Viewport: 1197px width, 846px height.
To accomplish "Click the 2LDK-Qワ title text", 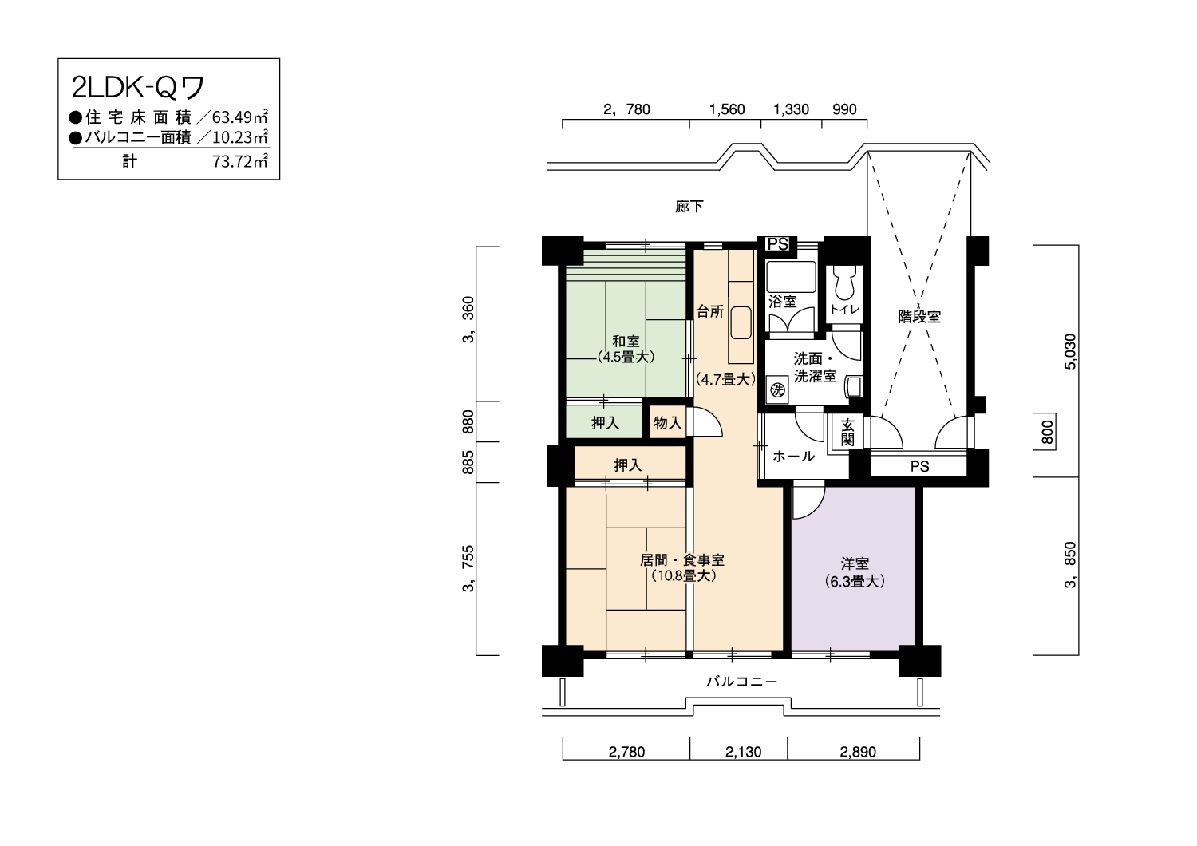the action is pyautogui.click(x=138, y=88).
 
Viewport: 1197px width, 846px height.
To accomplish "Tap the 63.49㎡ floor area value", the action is pyautogui.click(x=240, y=117).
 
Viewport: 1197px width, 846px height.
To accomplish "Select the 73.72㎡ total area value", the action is pyautogui.click(x=240, y=161).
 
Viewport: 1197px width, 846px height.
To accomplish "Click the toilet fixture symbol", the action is pyautogui.click(x=844, y=283).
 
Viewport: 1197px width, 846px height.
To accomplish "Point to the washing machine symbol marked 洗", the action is pyautogui.click(x=777, y=389).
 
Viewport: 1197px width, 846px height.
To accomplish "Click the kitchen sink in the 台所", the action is pyautogui.click(x=741, y=322).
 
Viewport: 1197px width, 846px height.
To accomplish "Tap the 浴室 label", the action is pyautogui.click(x=782, y=302).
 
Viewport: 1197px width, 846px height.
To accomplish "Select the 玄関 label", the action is pyautogui.click(x=847, y=433).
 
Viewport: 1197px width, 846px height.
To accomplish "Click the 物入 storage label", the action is pyautogui.click(x=667, y=423).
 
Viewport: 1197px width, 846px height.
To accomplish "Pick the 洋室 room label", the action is pyautogui.click(x=855, y=563).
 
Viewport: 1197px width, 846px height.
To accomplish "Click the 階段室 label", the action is pyautogui.click(x=919, y=317).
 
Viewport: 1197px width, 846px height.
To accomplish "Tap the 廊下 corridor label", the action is pyautogui.click(x=689, y=206).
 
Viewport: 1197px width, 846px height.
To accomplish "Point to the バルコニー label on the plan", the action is pyautogui.click(x=741, y=682).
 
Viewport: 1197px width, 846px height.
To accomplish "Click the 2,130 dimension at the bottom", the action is pyautogui.click(x=743, y=753).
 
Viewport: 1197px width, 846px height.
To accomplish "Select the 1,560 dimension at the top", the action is pyautogui.click(x=727, y=109).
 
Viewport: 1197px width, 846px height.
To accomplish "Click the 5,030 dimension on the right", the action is pyautogui.click(x=1070, y=352).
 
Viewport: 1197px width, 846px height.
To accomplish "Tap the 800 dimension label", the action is pyautogui.click(x=1047, y=433).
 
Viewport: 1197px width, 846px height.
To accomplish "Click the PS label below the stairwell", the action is pyautogui.click(x=919, y=467).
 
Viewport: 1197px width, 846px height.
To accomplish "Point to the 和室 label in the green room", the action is pyautogui.click(x=626, y=341).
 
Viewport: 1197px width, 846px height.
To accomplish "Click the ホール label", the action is pyautogui.click(x=793, y=456).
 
